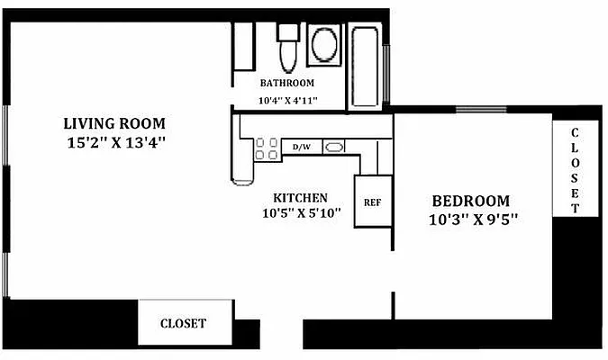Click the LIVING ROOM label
coord(114,123)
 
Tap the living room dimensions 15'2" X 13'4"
coord(116,141)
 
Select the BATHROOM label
coord(287,84)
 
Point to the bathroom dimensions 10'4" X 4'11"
coord(288,100)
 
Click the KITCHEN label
coord(300,197)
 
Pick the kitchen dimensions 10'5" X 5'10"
coord(301,214)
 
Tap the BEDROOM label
coord(470,201)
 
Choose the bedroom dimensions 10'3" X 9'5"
coord(475,219)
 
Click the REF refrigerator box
coord(372,202)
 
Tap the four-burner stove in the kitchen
coord(266,148)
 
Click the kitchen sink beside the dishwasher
coord(333,147)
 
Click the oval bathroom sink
coord(323,43)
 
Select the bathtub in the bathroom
coord(366,65)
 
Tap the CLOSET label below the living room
coord(183,323)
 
